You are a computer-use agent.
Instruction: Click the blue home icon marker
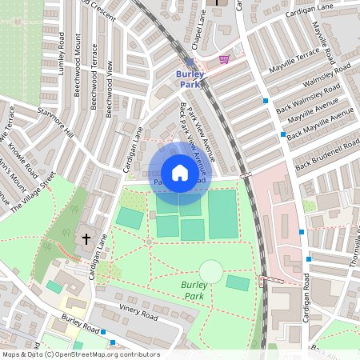[x=180, y=173]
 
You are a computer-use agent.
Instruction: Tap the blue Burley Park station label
[x=190, y=78]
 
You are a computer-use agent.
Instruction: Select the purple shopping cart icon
[x=225, y=59]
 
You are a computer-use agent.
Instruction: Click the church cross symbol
[x=86, y=238]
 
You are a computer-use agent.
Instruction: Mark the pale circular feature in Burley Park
[x=210, y=272]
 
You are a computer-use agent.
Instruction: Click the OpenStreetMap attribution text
[x=81, y=354]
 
